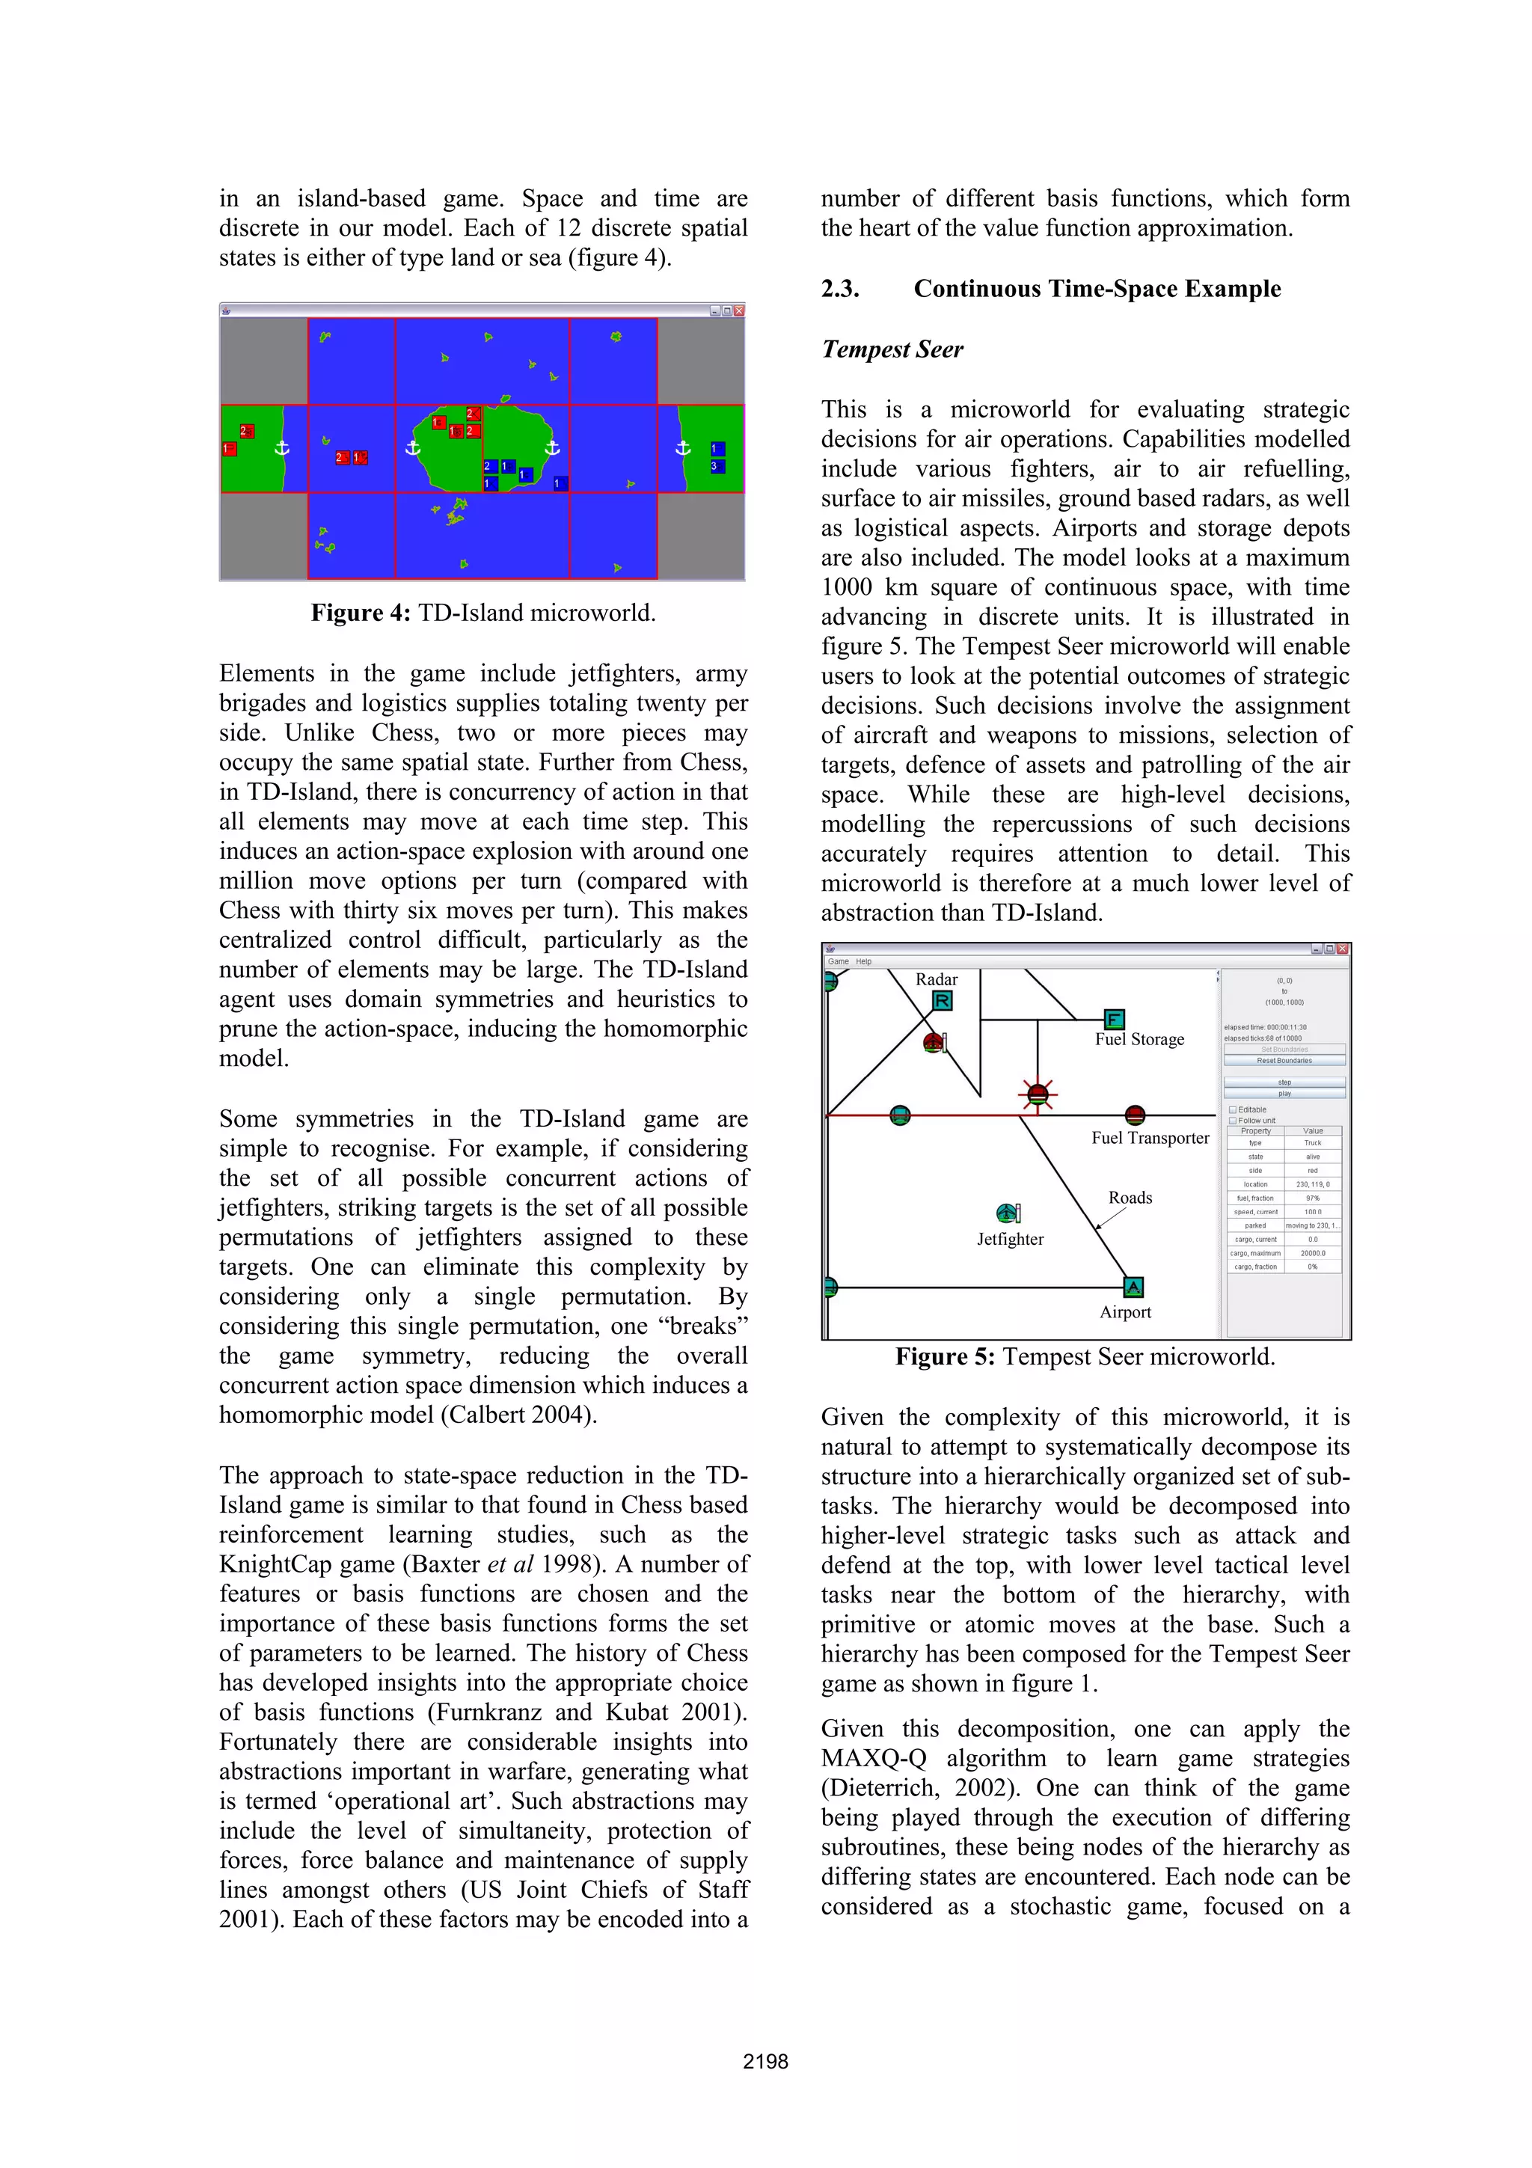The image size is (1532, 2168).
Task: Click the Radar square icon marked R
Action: [941, 1001]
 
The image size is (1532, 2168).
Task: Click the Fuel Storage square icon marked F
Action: [1114, 1019]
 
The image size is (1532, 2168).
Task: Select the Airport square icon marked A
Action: [1133, 1286]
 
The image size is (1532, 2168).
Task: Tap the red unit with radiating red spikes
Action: [1038, 1095]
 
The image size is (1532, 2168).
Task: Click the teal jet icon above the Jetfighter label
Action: [1007, 1213]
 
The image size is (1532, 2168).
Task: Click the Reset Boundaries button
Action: [1284, 1060]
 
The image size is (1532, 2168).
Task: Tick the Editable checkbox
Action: [1232, 1109]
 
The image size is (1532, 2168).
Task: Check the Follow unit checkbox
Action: [1232, 1120]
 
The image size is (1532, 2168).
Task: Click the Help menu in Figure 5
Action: [864, 961]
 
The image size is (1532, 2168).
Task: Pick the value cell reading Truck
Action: [1312, 1142]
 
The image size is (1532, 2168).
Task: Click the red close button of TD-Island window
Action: [739, 310]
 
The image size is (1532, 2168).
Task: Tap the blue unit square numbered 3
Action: [717, 467]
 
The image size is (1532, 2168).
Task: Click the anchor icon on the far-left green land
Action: [281, 447]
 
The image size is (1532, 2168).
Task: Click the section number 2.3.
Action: [840, 289]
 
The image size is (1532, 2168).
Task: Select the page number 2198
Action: [765, 2061]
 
